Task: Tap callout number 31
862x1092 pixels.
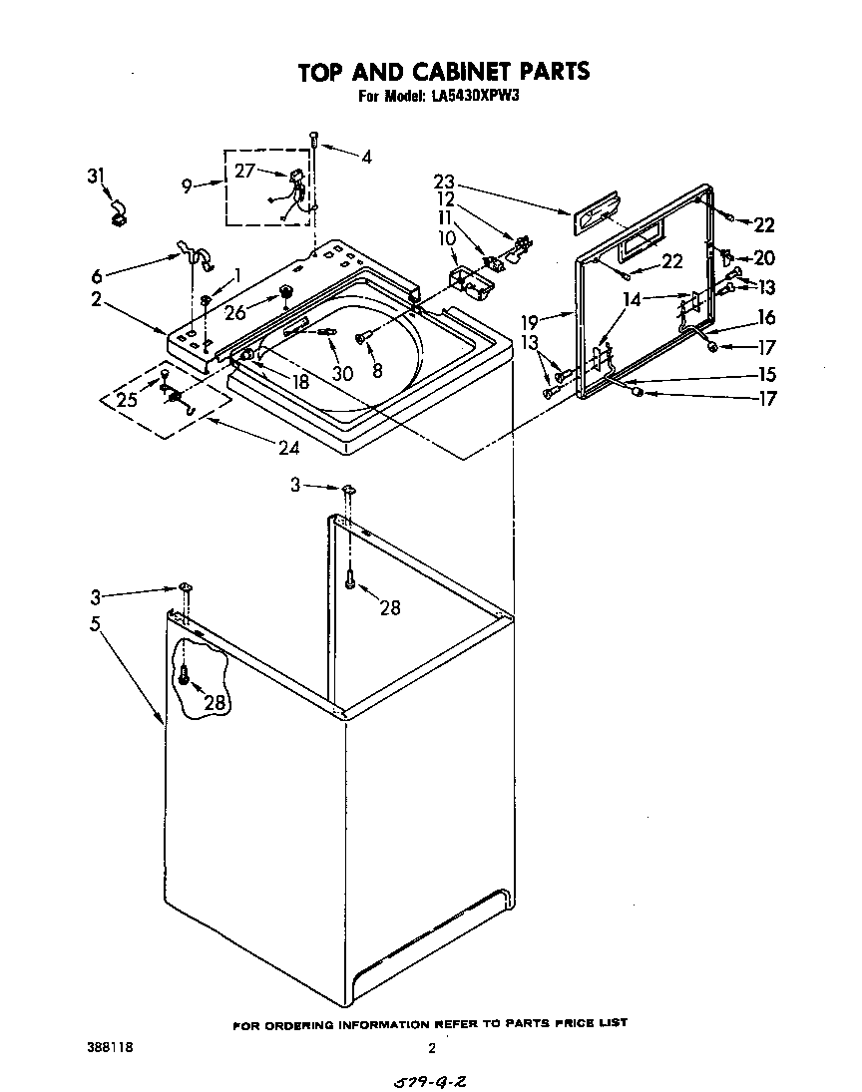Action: (96, 177)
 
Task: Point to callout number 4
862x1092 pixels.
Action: (366, 157)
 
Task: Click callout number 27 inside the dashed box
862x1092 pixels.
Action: (245, 171)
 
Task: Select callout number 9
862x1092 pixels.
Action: (189, 184)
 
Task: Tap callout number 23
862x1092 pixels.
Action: (444, 182)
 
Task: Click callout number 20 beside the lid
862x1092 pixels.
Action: (763, 258)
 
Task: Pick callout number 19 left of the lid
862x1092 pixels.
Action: (530, 321)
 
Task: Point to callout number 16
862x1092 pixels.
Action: (765, 318)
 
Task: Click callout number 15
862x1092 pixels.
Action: (765, 375)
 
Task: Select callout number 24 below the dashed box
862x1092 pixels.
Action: (288, 448)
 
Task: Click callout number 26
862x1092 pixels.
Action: (236, 313)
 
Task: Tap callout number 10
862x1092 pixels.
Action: (446, 239)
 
